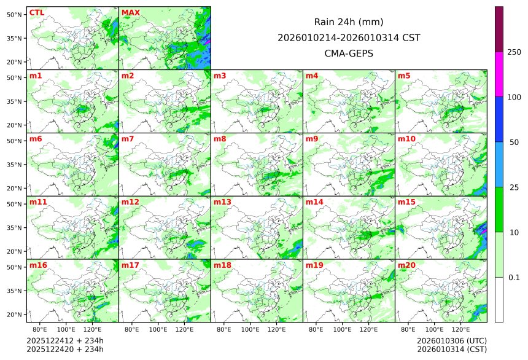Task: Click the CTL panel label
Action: pyautogui.click(x=36, y=12)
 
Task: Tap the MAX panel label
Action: pyautogui.click(x=130, y=12)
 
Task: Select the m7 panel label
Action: pyautogui.click(x=128, y=139)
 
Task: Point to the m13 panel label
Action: pyautogui.click(x=222, y=202)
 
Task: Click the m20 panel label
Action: pyautogui.click(x=406, y=265)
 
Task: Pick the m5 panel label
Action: pyautogui.click(x=404, y=76)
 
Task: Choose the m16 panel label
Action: pyautogui.click(x=38, y=265)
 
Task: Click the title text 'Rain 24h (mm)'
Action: pyautogui.click(x=349, y=22)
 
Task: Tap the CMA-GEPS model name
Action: pyautogui.click(x=349, y=53)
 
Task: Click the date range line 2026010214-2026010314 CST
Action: pyautogui.click(x=349, y=37)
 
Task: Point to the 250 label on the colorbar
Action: pyautogui.click(x=514, y=52)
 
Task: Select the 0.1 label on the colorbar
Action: pyautogui.click(x=514, y=277)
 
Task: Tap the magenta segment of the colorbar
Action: pyautogui.click(x=499, y=74)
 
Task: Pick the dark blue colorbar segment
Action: pyautogui.click(x=499, y=119)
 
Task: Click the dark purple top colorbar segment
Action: pyautogui.click(x=499, y=29)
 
